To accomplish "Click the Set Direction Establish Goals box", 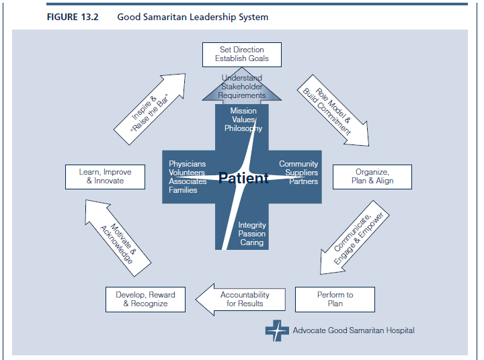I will click(x=242, y=54).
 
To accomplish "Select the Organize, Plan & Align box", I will click(x=372, y=177).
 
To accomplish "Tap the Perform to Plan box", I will click(x=335, y=300).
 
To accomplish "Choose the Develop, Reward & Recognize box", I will click(x=145, y=300).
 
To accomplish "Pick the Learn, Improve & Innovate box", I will click(x=105, y=177).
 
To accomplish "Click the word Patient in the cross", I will click(x=243, y=178).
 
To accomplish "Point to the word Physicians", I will click(x=187, y=164).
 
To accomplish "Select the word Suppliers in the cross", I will click(x=301, y=173).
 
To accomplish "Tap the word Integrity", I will click(x=252, y=225).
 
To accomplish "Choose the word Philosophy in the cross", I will click(x=243, y=128).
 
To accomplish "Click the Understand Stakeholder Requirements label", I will click(x=242, y=87).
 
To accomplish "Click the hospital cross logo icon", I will click(x=276, y=330).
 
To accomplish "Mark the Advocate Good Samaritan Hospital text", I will click(x=354, y=330).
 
